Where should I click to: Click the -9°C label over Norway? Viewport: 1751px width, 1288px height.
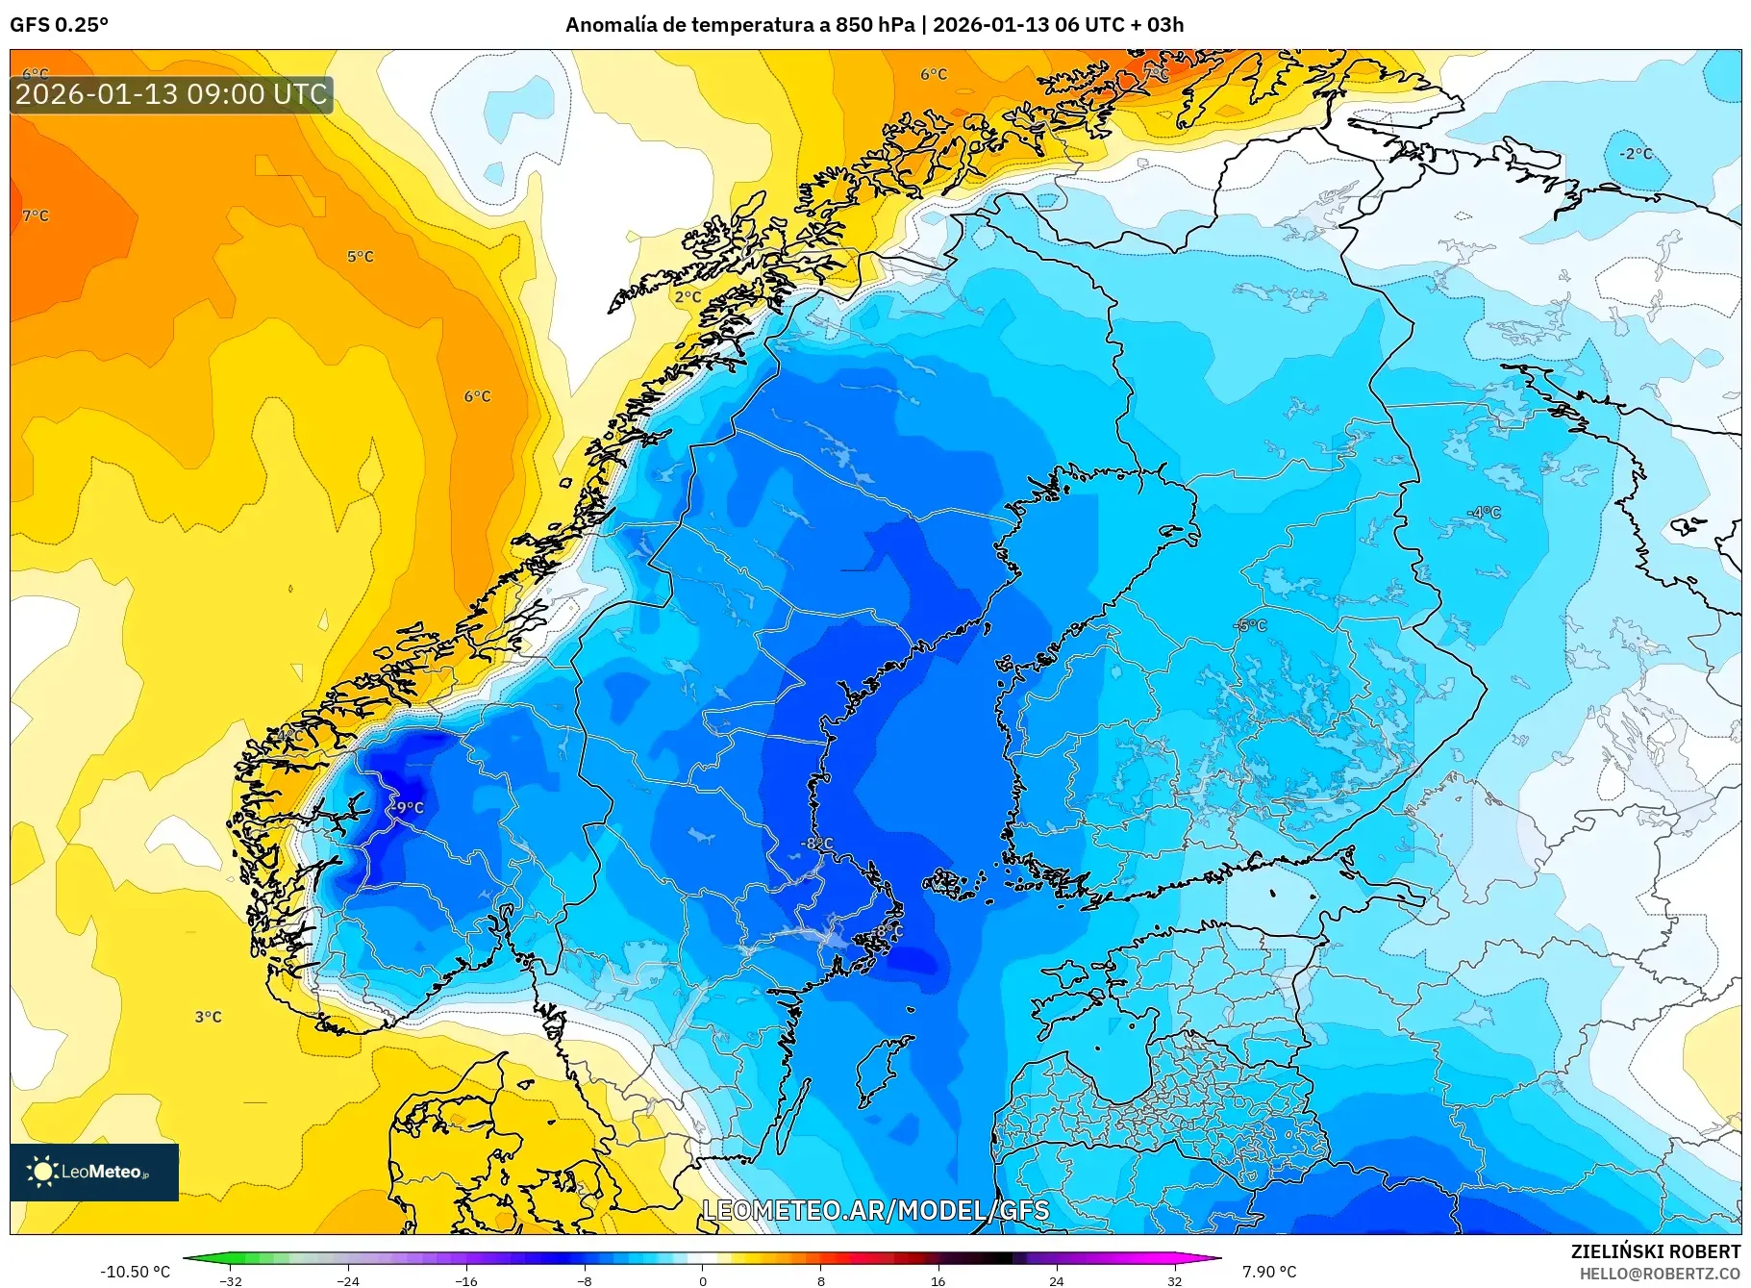410,808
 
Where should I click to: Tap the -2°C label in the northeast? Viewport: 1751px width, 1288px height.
1635,154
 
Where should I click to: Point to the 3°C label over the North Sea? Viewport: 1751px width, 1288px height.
209,1017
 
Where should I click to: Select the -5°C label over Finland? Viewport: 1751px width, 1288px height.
1251,625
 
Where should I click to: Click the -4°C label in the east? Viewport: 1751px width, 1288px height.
1485,513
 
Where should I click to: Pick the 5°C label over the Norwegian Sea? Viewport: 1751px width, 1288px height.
361,257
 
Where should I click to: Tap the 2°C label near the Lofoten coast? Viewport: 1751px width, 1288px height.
688,297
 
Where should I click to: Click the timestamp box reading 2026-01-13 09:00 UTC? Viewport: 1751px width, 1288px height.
171,94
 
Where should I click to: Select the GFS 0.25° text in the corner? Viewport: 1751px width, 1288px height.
60,25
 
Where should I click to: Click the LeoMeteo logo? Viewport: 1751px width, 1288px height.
94,1172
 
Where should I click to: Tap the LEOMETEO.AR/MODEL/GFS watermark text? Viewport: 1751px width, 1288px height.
875,1210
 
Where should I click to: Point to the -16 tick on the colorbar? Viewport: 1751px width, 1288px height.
466,1280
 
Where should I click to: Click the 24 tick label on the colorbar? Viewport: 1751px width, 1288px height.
1056,1280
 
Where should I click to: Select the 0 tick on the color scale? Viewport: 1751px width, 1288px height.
703,1280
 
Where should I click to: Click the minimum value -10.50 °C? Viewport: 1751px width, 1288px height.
135,1272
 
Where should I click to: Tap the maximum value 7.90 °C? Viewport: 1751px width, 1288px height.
1269,1272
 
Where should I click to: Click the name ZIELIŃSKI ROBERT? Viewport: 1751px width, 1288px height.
1655,1251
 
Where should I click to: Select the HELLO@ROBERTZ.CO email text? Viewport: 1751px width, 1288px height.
1660,1274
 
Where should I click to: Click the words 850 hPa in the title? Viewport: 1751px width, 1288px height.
874,25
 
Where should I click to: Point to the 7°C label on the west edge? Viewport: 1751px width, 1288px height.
36,215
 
